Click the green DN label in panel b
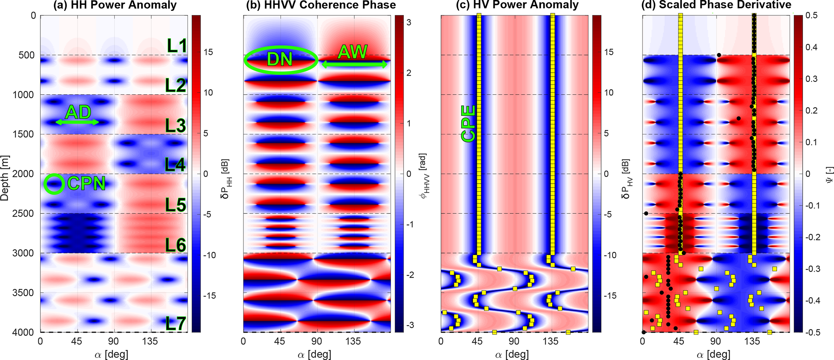(x=280, y=60)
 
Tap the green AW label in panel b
(x=353, y=52)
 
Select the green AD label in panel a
(x=78, y=112)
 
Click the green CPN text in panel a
(x=86, y=184)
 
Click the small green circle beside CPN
(x=54, y=184)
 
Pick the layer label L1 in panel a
(x=177, y=46)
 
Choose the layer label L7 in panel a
(x=176, y=324)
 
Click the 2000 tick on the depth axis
(x=25, y=174)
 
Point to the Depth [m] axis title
(x=5, y=174)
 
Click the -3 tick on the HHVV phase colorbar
(x=408, y=325)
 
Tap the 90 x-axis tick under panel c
(x=514, y=341)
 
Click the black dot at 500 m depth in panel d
(x=719, y=55)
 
